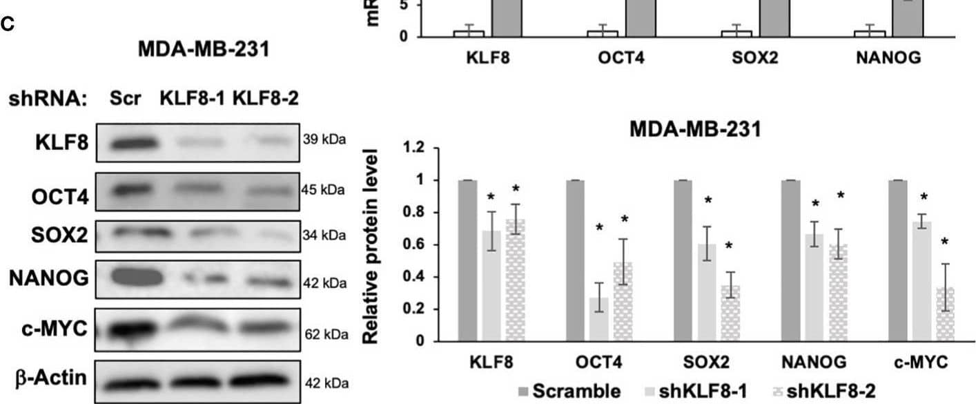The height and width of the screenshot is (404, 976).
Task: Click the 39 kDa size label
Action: tap(324, 137)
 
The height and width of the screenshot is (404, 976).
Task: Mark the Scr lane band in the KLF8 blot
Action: tap(128, 144)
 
